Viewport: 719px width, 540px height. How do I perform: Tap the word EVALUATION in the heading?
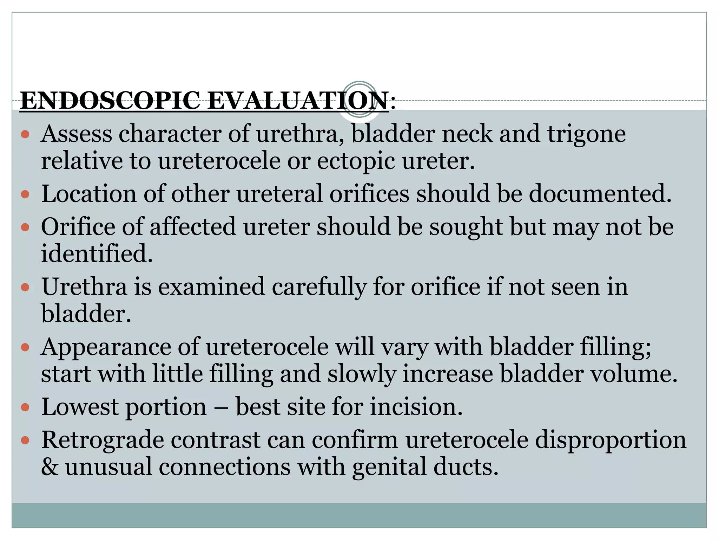(298, 101)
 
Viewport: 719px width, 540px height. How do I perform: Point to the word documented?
(600, 194)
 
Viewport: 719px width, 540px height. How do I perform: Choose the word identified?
(97, 253)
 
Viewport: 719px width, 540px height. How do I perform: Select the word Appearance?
(106, 347)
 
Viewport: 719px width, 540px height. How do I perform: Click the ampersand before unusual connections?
(50, 467)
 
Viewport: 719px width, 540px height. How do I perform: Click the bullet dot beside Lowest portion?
(25, 407)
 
